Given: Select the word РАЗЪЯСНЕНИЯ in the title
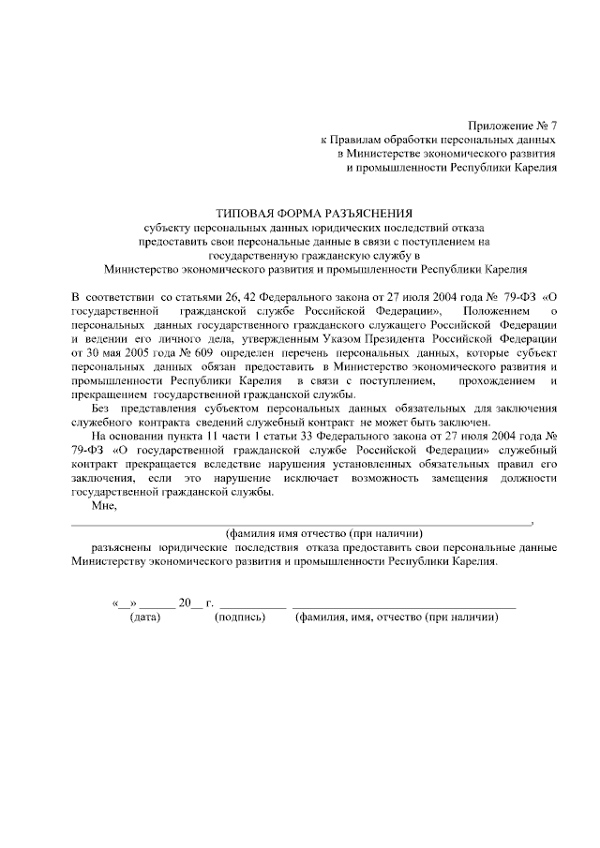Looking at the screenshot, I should pyautogui.click(x=366, y=214).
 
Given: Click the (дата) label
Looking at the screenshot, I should pyautogui.click(x=145, y=617).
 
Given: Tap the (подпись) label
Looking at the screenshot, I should pyautogui.click(x=240, y=617).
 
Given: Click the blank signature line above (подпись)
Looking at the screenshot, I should pyautogui.click(x=251, y=605).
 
